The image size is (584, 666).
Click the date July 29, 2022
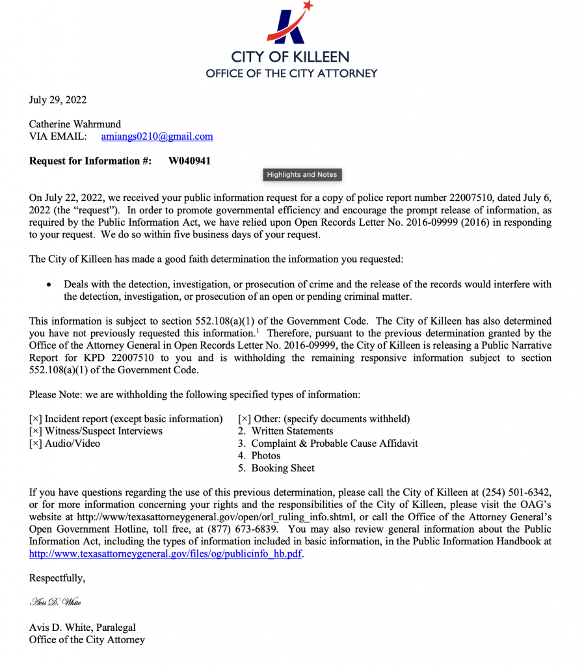point(58,100)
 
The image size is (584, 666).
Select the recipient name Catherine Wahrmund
point(75,124)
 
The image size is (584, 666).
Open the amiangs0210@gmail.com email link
point(157,137)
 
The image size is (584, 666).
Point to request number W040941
point(189,161)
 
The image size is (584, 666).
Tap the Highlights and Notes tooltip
point(302,174)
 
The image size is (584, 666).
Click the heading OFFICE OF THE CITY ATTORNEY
point(291,73)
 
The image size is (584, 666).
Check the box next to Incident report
point(35,419)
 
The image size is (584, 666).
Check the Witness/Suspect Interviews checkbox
point(35,431)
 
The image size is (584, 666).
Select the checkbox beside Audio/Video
point(35,444)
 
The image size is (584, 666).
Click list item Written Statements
point(292,431)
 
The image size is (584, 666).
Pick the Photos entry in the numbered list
point(266,456)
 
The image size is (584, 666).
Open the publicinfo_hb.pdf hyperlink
point(166,554)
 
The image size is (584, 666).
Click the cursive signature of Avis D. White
point(55,602)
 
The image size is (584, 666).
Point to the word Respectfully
point(57,578)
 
